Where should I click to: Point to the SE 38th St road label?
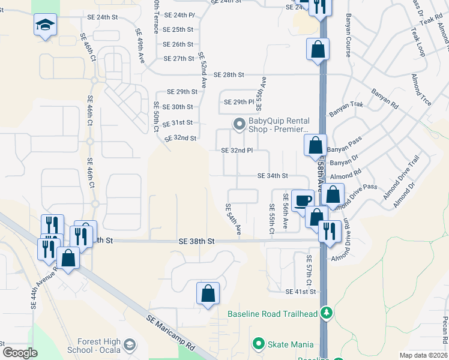(196, 241)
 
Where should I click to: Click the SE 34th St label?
(273, 176)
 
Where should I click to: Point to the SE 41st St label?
(301, 292)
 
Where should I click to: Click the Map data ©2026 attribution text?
(423, 355)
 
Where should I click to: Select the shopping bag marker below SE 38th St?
(208, 294)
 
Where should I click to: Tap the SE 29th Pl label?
(239, 102)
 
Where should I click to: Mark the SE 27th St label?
(178, 59)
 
